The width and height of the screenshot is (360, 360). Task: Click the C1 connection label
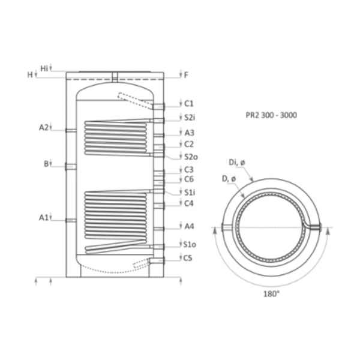point(189,104)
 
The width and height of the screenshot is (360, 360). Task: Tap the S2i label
point(190,118)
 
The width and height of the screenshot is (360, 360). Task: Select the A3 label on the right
point(190,133)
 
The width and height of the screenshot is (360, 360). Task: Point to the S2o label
point(191,157)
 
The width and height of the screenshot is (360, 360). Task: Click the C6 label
point(189,179)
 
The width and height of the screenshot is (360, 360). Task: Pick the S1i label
point(190,193)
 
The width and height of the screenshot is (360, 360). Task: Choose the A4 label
point(190,226)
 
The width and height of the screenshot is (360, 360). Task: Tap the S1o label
point(190,245)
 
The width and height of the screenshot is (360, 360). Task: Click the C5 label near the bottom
point(188,258)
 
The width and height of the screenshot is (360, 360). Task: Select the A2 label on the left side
point(44,127)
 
